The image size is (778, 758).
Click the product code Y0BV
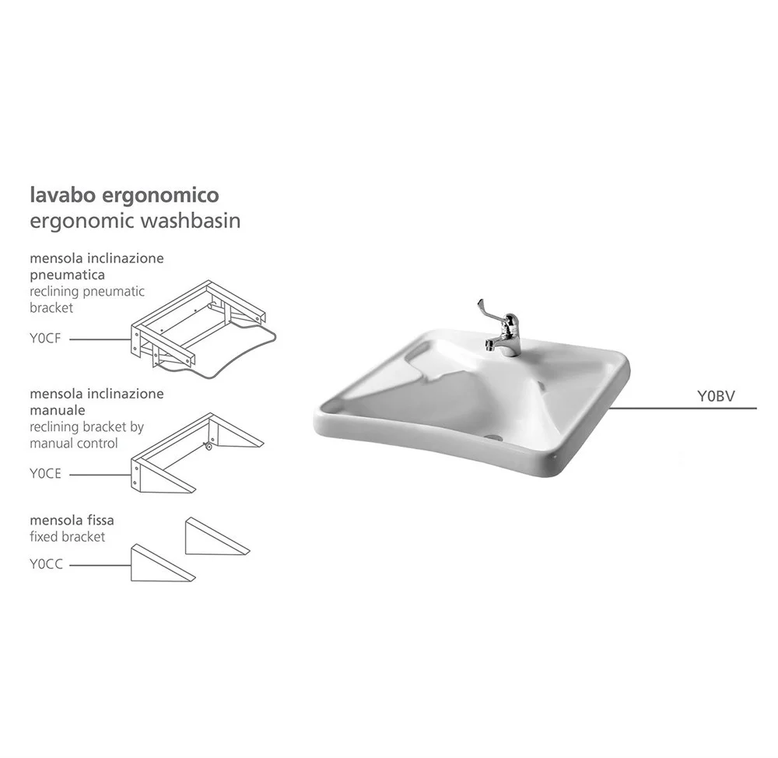pyautogui.click(x=716, y=396)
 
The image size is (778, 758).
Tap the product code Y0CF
pyautogui.click(x=45, y=338)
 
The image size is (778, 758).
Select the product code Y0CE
pyautogui.click(x=45, y=474)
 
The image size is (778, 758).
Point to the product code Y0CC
pyautogui.click(x=46, y=564)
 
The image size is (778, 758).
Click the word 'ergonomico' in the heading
pyautogui.click(x=160, y=195)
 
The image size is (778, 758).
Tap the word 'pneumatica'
pyautogui.click(x=67, y=275)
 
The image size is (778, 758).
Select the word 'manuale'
pyautogui.click(x=58, y=410)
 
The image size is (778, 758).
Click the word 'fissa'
pyautogui.click(x=101, y=520)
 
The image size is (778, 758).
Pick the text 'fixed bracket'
pyautogui.click(x=68, y=537)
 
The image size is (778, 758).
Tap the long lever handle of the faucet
pyautogui.click(x=489, y=312)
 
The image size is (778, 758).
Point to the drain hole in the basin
pyautogui.click(x=494, y=438)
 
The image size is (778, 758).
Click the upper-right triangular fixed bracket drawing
pyautogui.click(x=217, y=536)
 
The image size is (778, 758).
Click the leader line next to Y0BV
pyautogui.click(x=683, y=409)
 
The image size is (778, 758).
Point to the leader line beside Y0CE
pyautogui.click(x=100, y=475)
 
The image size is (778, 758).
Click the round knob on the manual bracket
pyautogui.click(x=209, y=447)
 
